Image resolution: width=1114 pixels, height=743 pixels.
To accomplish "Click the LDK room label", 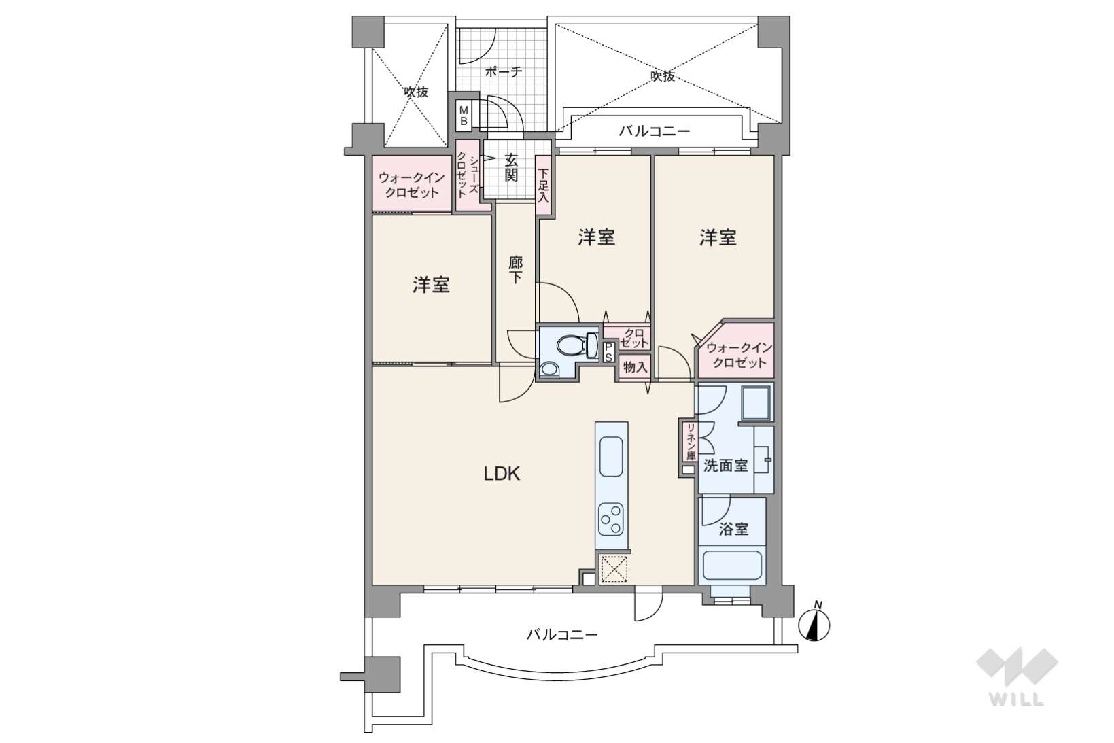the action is coord(502,474).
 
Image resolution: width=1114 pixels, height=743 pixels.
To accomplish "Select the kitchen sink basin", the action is coord(611,457).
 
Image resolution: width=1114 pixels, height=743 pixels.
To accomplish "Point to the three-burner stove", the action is coord(611,519).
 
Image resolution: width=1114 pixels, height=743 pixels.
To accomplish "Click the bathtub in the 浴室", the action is coord(732,565).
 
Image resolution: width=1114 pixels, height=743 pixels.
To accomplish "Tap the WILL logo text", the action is coord(1016,699).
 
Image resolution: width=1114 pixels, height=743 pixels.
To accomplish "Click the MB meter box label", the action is coord(464,116).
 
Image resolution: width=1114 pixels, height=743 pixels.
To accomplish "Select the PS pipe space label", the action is coord(609,353).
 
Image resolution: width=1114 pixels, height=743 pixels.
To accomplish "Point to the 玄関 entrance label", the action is coord(511,168).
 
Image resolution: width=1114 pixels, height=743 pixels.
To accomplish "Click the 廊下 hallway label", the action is coord(515,269).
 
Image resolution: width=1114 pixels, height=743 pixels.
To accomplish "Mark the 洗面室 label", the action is coord(726,466).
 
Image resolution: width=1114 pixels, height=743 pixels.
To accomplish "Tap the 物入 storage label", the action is coord(635,368).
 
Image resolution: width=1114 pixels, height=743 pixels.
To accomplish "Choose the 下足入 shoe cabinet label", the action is coord(544,185).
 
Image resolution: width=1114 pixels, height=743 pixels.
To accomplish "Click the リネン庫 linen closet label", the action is coord(690,442).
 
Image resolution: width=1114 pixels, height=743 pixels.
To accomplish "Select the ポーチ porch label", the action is coord(504,71).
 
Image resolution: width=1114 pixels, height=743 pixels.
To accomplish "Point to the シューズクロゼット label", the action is coord(468,175).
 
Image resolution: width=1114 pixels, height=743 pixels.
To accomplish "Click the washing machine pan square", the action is coord(756,403).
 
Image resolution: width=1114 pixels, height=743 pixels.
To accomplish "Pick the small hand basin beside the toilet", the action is coord(549,369).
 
